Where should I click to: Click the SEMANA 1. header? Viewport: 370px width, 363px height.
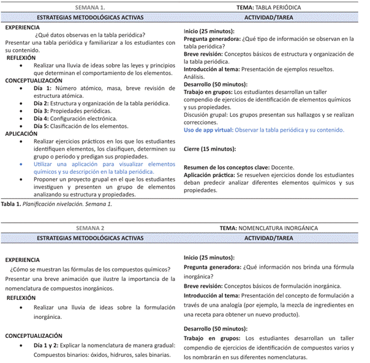(90, 7)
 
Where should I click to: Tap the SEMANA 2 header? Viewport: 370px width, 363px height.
(90, 228)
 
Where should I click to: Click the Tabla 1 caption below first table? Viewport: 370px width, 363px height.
(57, 204)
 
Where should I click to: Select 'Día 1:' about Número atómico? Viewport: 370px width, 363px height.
(43, 88)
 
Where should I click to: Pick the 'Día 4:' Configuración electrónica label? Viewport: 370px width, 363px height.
(43, 118)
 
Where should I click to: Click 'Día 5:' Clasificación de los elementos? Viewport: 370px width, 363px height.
(43, 126)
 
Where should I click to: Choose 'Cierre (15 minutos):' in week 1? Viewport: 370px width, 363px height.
(210, 149)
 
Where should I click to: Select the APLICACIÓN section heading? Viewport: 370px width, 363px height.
(21, 133)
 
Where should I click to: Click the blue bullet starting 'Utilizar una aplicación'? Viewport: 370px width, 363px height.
(104, 164)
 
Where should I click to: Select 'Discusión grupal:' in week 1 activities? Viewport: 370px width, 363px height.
(206, 114)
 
